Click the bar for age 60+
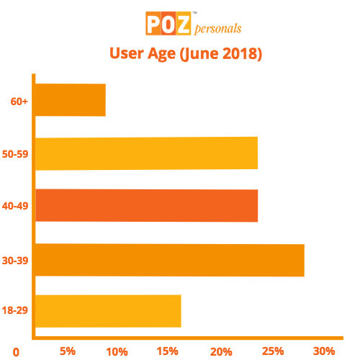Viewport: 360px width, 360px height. click(70, 100)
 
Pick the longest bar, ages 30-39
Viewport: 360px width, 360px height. click(169, 260)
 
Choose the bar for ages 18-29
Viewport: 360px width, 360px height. click(108, 311)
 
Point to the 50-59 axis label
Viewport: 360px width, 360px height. click(15, 154)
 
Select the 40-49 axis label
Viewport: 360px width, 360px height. click(15, 207)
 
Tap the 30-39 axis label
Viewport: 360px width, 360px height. click(15, 261)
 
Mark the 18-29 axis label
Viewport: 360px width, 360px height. click(15, 311)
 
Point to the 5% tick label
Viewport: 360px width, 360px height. click(68, 351)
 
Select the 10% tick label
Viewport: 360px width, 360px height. click(118, 351)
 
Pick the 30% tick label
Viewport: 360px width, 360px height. click(324, 351)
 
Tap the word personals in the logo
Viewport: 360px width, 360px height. click(216, 28)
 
